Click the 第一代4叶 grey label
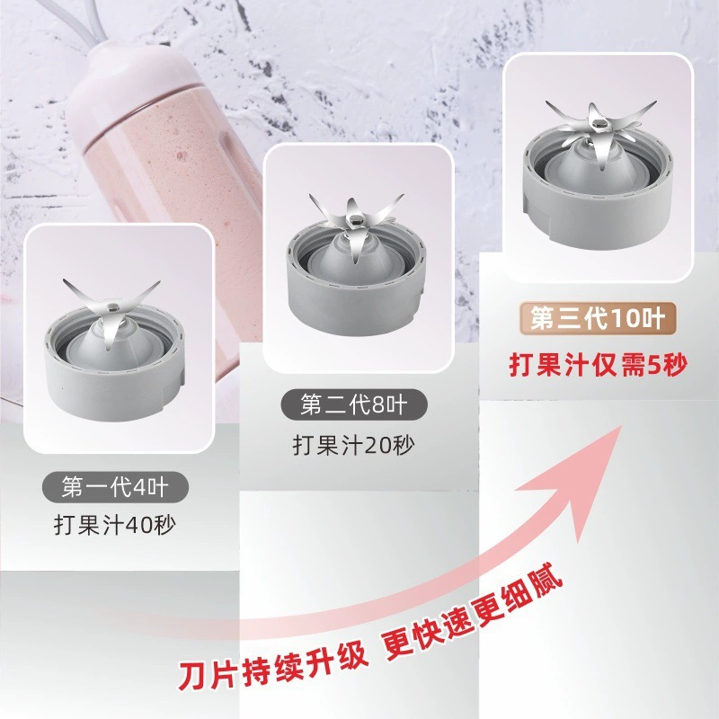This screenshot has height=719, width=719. (x=115, y=487)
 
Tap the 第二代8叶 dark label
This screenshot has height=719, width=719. (x=353, y=404)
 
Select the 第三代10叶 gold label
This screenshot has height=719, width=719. (x=598, y=318)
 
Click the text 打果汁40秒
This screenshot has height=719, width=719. (x=115, y=525)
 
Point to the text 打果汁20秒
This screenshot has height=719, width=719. (x=353, y=445)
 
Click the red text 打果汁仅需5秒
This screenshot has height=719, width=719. (x=599, y=366)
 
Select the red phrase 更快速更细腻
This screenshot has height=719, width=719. (x=473, y=612)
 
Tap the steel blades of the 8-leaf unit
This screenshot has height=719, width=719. (x=354, y=220)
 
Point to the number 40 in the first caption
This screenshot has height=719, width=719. (x=139, y=525)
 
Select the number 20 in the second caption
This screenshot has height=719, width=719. (x=377, y=445)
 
